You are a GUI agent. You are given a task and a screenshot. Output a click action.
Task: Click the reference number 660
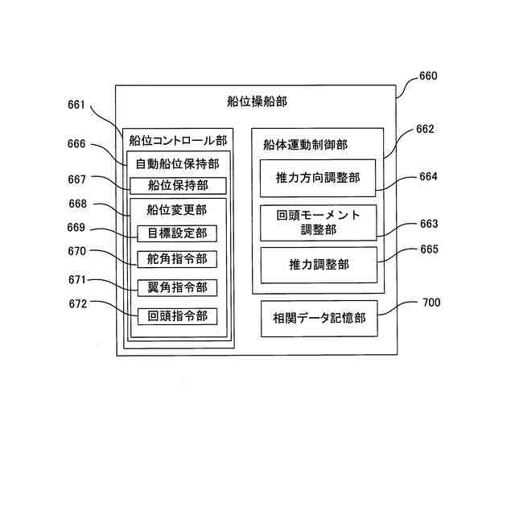428,77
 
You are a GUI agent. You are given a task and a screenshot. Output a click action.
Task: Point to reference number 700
431,303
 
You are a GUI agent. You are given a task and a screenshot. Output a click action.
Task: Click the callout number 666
76,144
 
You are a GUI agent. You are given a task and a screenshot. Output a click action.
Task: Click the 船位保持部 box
178,186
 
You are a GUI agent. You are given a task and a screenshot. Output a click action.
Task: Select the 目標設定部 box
177,234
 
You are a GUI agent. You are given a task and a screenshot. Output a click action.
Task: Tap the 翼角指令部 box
177,287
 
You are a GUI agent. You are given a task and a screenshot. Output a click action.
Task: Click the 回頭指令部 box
177,316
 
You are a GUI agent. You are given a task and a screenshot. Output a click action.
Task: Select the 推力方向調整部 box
319,178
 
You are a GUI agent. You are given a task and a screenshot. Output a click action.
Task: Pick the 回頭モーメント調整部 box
319,222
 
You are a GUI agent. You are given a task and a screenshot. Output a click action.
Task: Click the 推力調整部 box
319,265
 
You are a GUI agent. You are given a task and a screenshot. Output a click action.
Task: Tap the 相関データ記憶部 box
319,319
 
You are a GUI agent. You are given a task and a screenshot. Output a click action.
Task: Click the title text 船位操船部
257,101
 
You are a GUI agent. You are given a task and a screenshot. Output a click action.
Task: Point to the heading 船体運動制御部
305,145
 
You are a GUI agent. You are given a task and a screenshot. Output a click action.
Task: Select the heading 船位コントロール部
178,138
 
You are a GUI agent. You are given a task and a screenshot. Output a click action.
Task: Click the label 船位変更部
176,210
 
